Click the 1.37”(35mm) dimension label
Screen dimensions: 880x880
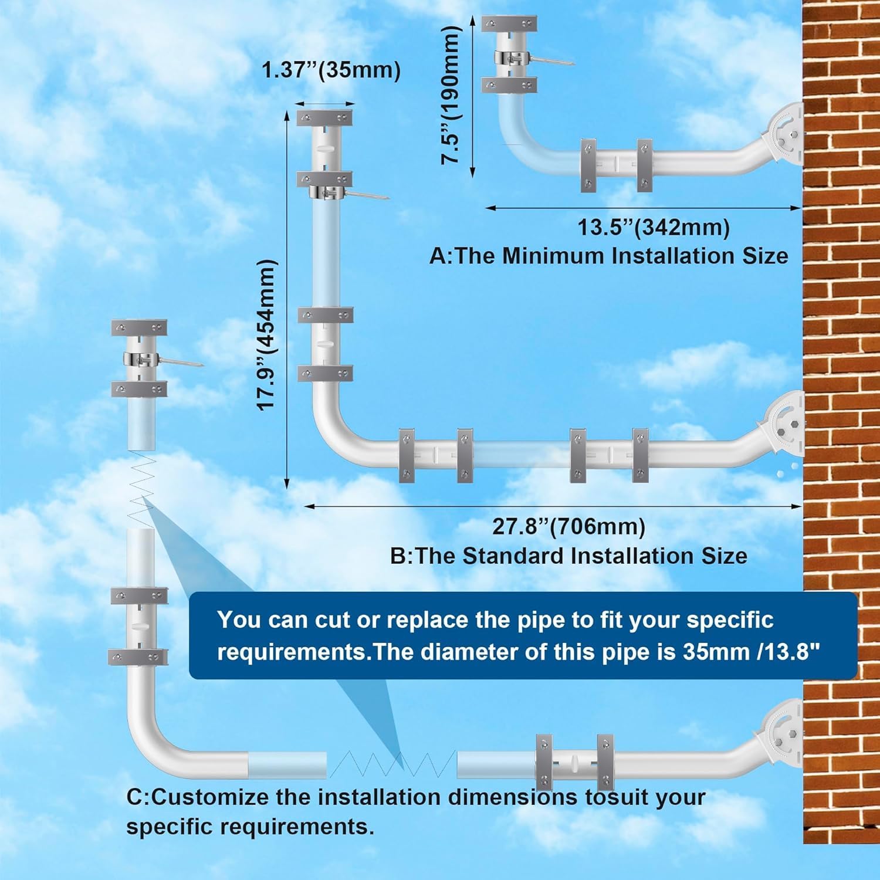(x=331, y=70)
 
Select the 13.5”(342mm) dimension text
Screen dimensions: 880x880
(x=654, y=227)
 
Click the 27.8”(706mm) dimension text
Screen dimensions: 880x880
(x=568, y=526)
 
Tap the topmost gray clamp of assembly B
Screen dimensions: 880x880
(x=324, y=117)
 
